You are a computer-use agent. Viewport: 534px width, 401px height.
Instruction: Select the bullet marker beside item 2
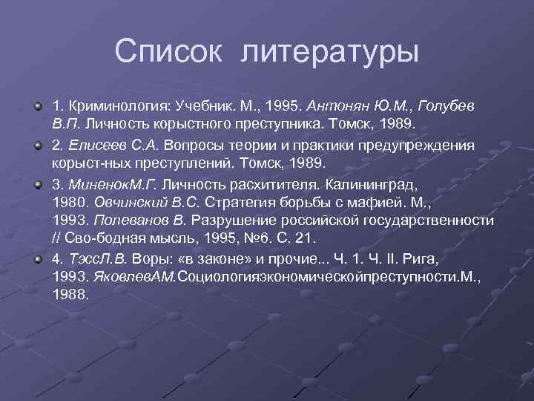37,143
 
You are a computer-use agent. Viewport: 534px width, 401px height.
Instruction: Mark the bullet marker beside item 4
37,259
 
